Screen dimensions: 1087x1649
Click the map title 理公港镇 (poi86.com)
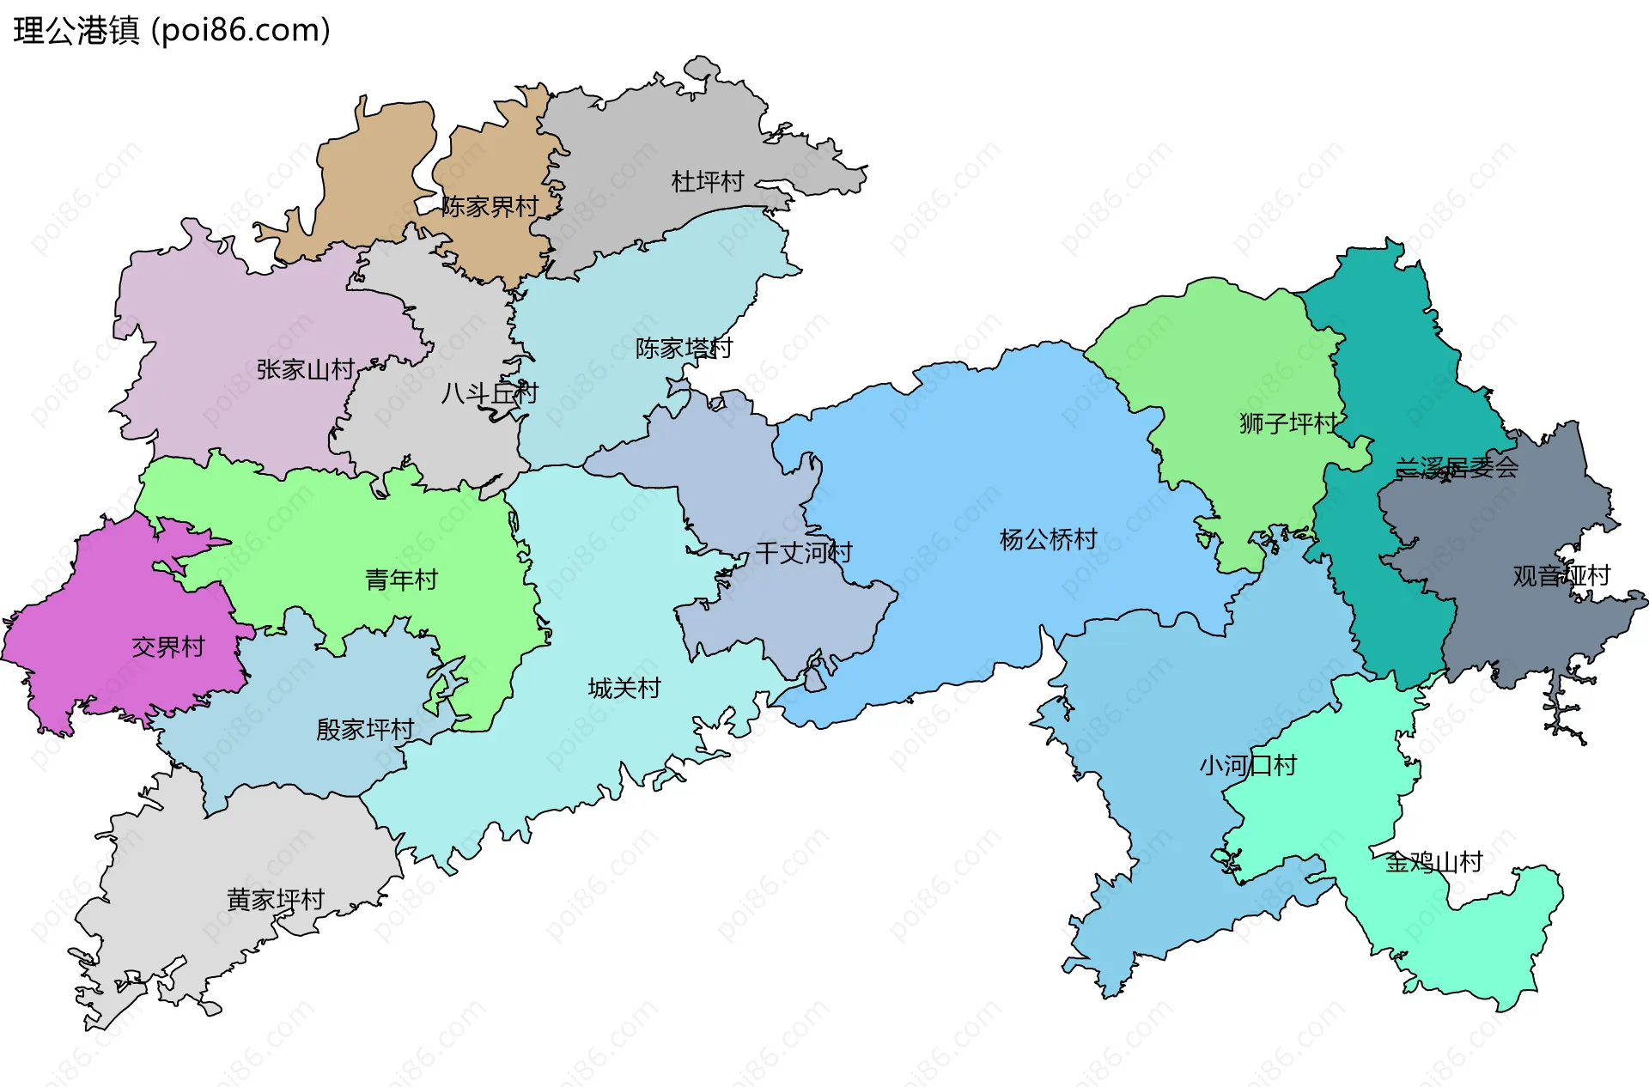click(x=172, y=31)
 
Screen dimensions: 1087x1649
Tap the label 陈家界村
click(x=490, y=207)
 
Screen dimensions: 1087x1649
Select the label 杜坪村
click(x=707, y=182)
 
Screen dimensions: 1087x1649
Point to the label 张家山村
click(x=305, y=370)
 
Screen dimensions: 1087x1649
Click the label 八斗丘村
click(x=489, y=393)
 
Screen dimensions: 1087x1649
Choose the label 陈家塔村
click(x=684, y=349)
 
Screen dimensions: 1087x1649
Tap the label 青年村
click(x=401, y=580)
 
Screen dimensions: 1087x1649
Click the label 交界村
click(x=168, y=647)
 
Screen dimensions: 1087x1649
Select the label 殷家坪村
click(x=365, y=730)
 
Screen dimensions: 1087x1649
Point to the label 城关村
click(x=624, y=689)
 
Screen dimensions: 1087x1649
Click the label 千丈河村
click(x=804, y=553)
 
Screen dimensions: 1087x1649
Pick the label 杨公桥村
click(x=1049, y=540)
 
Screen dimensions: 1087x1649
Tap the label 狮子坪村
click(x=1288, y=423)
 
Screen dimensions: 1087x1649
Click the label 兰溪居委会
click(x=1457, y=468)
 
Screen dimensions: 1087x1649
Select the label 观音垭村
click(x=1561, y=576)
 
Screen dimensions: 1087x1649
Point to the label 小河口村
click(x=1248, y=766)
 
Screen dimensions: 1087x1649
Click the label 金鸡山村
click(x=1433, y=862)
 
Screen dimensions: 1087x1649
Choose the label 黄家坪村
click(x=276, y=900)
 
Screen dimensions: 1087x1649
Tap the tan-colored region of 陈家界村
click(x=369, y=172)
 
